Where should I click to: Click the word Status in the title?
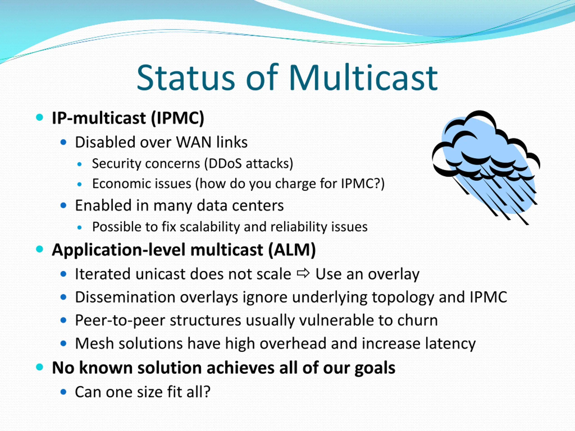[x=186, y=78]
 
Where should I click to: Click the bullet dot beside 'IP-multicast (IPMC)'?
[x=40, y=117]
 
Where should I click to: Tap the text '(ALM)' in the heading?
[x=292, y=250]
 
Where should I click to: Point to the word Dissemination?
[x=125, y=297]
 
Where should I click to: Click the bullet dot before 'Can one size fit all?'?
[x=63, y=392]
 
